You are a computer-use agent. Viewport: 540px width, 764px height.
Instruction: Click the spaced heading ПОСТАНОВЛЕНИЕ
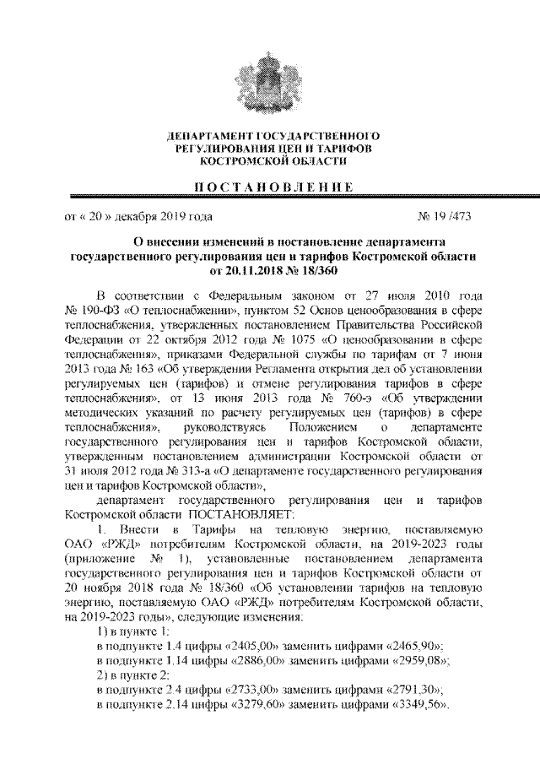pyautogui.click(x=271, y=187)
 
